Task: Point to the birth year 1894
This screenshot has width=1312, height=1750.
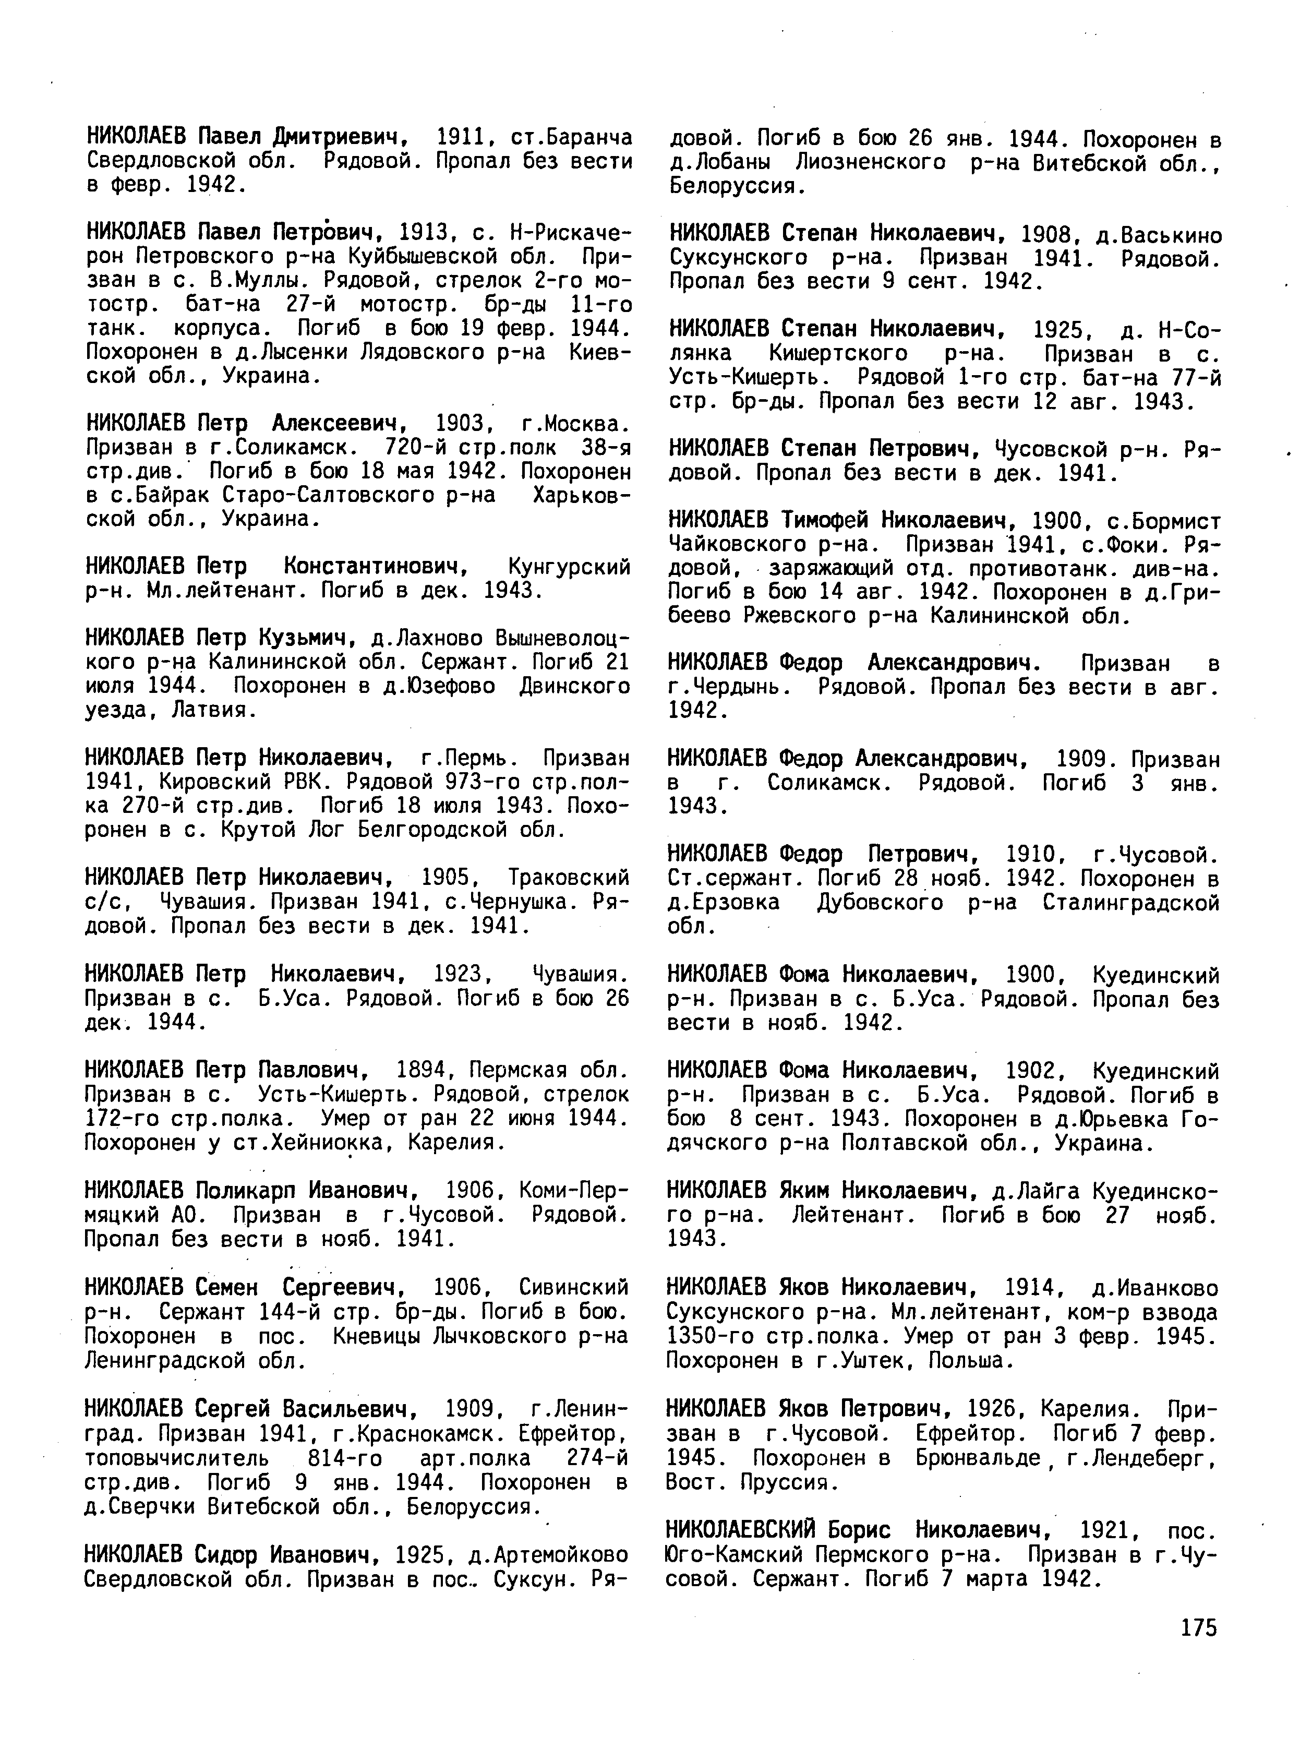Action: click(x=416, y=1071)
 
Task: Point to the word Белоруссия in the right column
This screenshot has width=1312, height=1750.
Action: click(x=736, y=187)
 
